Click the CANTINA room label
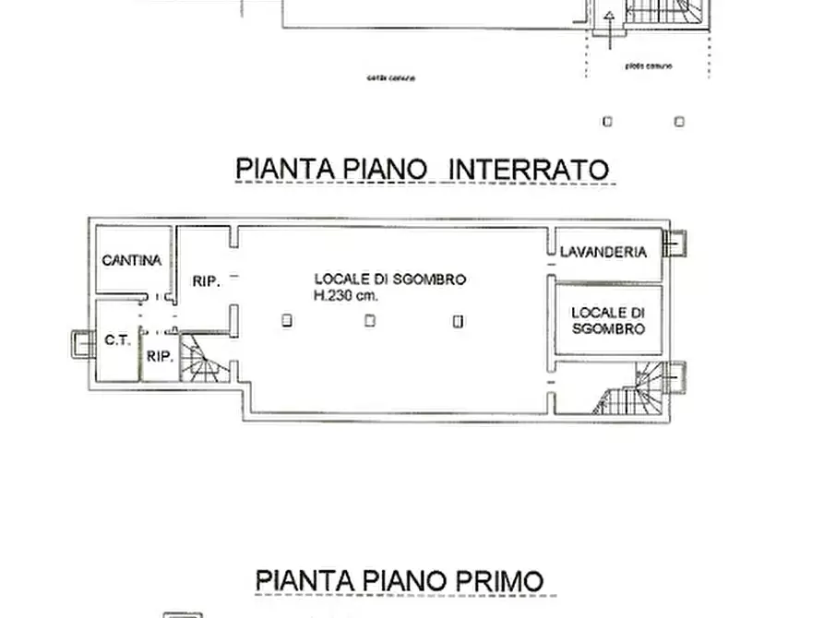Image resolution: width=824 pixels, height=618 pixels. [131, 260]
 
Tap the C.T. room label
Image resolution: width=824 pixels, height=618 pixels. [116, 339]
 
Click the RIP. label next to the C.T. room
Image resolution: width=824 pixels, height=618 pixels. [161, 356]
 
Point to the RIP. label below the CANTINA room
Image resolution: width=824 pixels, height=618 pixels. [206, 282]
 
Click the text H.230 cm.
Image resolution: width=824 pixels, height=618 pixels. [346, 296]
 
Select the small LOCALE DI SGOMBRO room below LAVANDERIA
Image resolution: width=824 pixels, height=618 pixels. [607, 320]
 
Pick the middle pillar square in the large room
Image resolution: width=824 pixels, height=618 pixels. [369, 320]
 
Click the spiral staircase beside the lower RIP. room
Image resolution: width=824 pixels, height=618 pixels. [197, 361]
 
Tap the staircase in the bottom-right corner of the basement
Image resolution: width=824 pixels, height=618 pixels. [639, 391]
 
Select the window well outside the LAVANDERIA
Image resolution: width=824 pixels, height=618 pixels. [675, 244]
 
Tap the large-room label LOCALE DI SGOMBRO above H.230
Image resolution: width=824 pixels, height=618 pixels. [390, 279]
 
